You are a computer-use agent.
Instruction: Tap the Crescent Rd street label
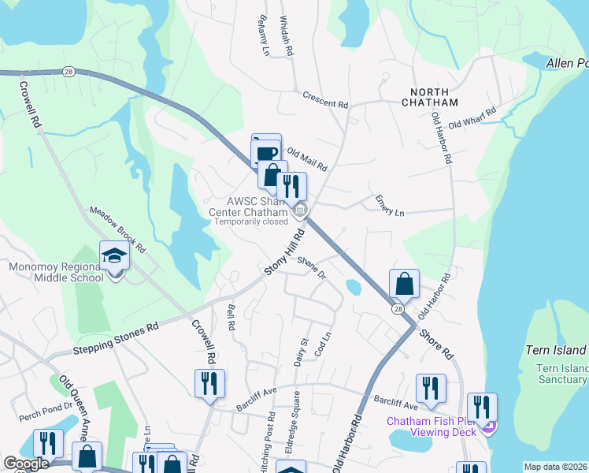pos(325,99)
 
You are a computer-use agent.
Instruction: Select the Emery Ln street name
pos(390,206)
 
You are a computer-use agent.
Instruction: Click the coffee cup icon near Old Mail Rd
pos(266,151)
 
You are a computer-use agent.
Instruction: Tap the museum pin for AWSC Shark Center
pos(299,210)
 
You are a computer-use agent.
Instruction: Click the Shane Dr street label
pos(311,269)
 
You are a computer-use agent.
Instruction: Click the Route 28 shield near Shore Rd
pos(399,309)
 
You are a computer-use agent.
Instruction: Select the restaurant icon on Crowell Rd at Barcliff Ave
pos(209,384)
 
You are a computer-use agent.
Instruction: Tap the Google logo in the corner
pos(26,464)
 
